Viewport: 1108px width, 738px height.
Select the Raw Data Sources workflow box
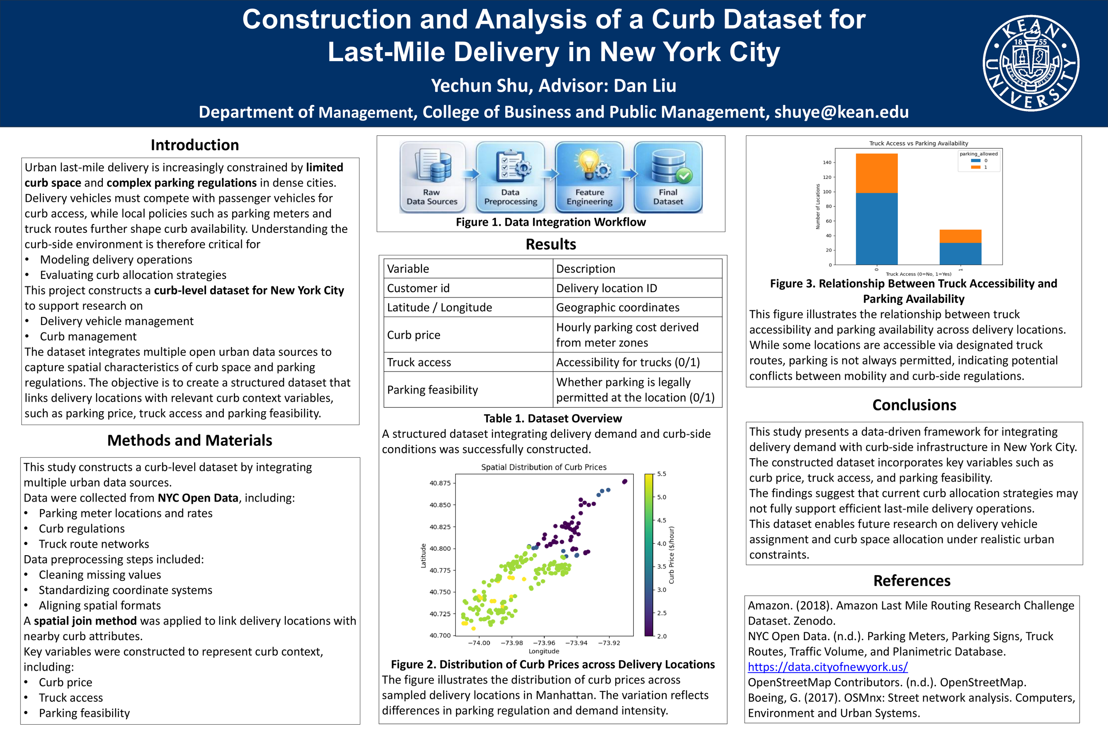click(432, 177)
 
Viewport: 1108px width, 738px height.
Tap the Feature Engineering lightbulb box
click(589, 177)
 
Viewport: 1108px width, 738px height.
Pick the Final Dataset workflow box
click(668, 177)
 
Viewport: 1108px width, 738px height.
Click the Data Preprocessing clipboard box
click(510, 177)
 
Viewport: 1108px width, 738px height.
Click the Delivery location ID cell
click(606, 288)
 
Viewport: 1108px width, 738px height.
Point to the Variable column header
click(408, 269)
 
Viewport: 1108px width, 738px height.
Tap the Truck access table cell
click(419, 362)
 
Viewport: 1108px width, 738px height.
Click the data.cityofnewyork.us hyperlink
click(828, 667)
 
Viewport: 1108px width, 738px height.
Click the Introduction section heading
click(195, 145)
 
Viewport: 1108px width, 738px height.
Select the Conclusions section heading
click(914, 405)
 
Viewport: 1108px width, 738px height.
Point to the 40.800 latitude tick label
click(440, 549)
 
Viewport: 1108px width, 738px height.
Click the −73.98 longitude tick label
click(511, 643)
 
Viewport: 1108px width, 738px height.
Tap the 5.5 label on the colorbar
click(661, 474)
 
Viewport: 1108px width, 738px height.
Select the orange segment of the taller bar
click(876, 173)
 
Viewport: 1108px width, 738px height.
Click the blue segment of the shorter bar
click(960, 254)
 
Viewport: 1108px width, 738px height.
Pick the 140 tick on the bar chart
click(827, 162)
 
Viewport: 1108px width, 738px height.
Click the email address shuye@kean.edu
click(841, 112)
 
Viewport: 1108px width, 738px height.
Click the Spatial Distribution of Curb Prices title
click(544, 467)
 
